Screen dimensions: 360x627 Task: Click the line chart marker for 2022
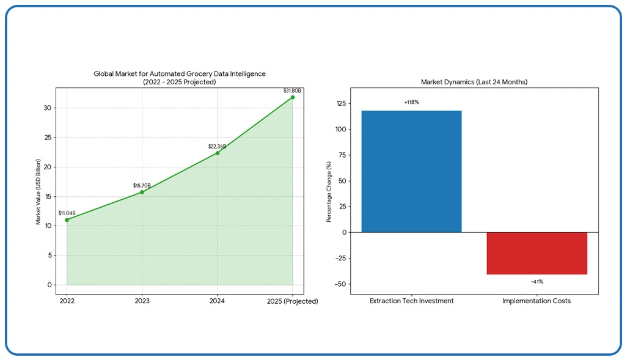tap(67, 220)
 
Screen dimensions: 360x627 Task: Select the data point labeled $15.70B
tap(142, 192)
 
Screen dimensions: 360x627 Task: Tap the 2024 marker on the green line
tap(218, 153)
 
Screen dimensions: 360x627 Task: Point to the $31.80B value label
tap(293, 90)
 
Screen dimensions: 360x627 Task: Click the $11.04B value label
tap(67, 213)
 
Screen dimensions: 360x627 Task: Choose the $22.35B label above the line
tap(217, 147)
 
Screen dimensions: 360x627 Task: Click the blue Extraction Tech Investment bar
tap(411, 172)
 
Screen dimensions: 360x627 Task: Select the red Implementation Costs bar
tap(537, 253)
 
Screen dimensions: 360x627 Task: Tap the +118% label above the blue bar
tap(411, 102)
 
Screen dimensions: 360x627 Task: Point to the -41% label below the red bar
tap(537, 282)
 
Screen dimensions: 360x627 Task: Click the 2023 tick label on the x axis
tap(142, 301)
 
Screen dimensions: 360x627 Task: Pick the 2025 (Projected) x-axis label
tap(293, 301)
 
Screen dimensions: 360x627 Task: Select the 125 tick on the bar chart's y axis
tap(340, 103)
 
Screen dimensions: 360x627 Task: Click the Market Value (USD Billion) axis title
tap(38, 191)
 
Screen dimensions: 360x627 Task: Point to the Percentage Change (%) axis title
tap(328, 191)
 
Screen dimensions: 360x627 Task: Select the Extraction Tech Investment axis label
tap(411, 301)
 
